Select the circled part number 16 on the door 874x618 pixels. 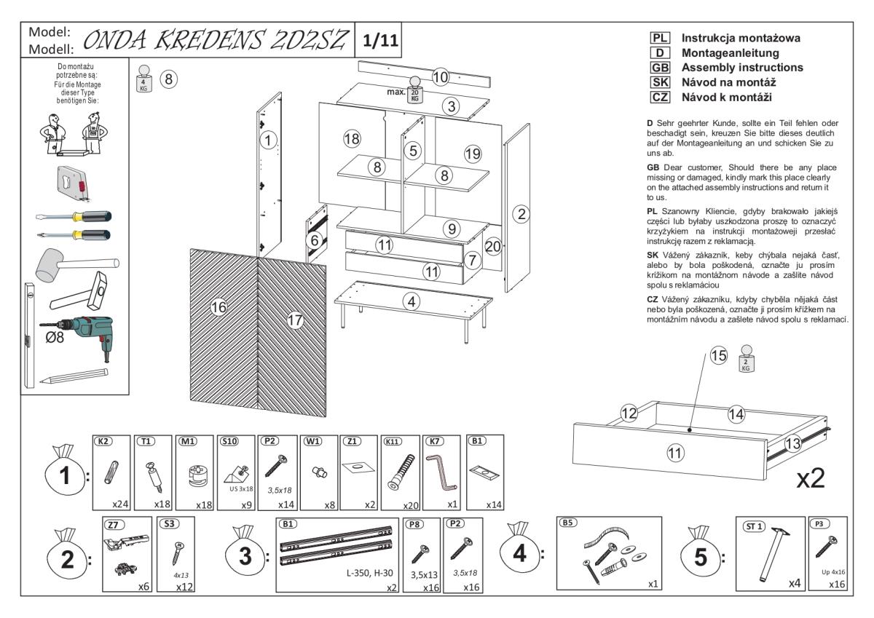(x=219, y=308)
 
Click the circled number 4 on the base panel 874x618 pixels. (x=412, y=300)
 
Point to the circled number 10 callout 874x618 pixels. (x=439, y=76)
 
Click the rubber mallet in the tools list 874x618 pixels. (x=73, y=261)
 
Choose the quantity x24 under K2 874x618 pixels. (x=119, y=503)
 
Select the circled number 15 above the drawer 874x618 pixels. (x=719, y=356)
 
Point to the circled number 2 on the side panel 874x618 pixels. (x=520, y=213)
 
